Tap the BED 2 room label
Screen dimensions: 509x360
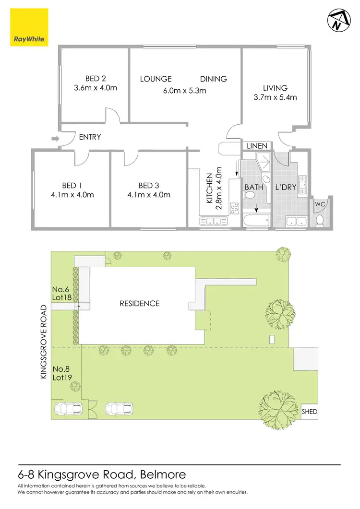[x=96, y=79]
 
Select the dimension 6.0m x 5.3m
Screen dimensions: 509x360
[x=183, y=90]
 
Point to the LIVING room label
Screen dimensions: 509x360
[x=275, y=88]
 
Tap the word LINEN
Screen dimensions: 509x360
[x=256, y=145]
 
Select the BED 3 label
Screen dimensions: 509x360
[x=148, y=186]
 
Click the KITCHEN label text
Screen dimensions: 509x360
[x=209, y=189]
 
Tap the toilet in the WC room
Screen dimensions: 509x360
[x=320, y=220]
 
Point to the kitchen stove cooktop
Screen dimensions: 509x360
[x=235, y=208]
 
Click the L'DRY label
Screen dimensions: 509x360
[x=285, y=187]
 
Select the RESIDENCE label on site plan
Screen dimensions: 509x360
[x=140, y=303]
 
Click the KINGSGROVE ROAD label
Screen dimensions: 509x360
[x=44, y=342]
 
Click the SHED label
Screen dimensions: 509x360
[x=310, y=412]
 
